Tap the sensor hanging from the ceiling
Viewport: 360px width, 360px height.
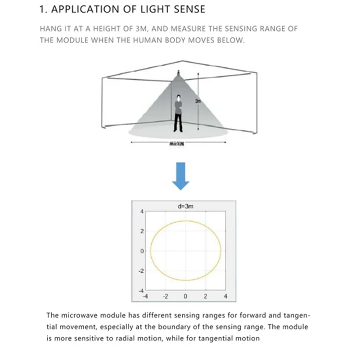(x=179, y=72)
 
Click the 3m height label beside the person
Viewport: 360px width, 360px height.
(x=197, y=101)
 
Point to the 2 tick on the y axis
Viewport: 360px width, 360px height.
(x=141, y=231)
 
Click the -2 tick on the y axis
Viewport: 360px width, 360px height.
(x=140, y=271)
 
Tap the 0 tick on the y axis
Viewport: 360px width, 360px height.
(x=141, y=251)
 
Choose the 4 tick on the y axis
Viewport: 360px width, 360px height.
(x=141, y=211)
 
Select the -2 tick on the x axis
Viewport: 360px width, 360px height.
(x=165, y=297)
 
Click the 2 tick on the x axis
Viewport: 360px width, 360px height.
(x=205, y=297)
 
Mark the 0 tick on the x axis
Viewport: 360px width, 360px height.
(x=185, y=297)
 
